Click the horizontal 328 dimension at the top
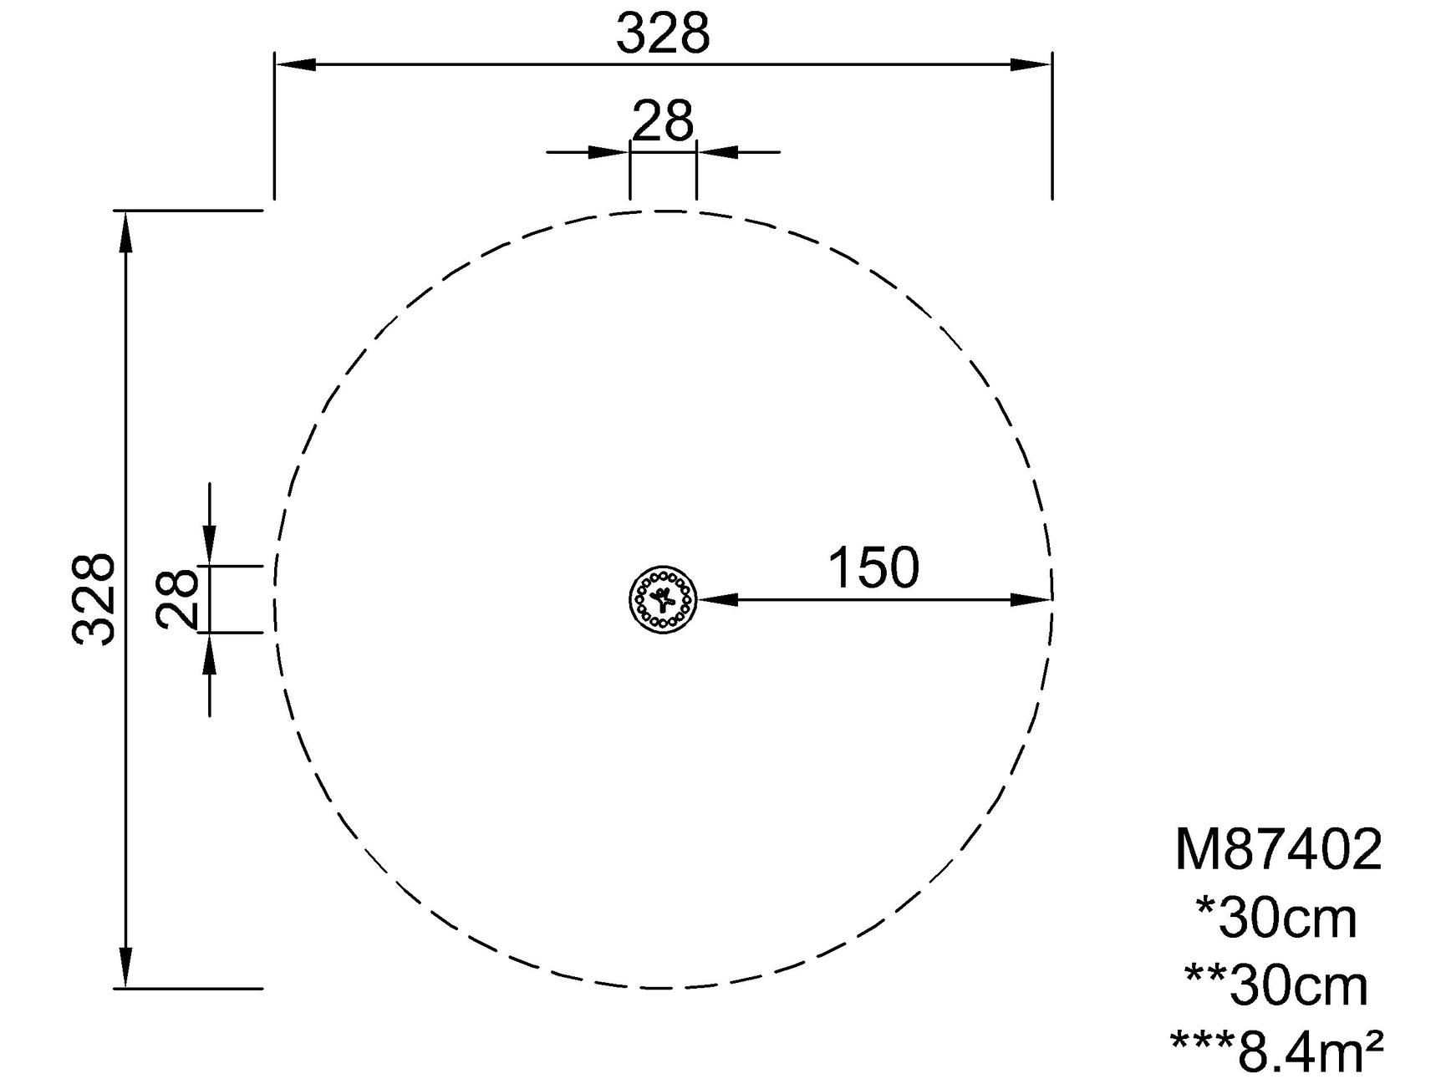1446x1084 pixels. pyautogui.click(x=663, y=35)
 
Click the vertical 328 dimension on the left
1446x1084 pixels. pyautogui.click(x=93, y=598)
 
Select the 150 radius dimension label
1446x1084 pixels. pyautogui.click(x=873, y=568)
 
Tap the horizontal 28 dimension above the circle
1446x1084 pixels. pyautogui.click(x=663, y=121)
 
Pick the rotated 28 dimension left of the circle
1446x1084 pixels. pyautogui.click(x=177, y=598)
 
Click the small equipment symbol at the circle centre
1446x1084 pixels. pyautogui.click(x=663, y=598)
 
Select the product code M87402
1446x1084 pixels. pyautogui.click(x=1278, y=851)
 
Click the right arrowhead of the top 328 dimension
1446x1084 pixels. pyautogui.click(x=1031, y=64)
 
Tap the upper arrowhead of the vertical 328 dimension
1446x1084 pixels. pyautogui.click(x=126, y=232)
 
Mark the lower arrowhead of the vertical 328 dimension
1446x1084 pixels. pyautogui.click(x=126, y=967)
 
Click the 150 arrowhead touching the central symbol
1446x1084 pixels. pyautogui.click(x=718, y=599)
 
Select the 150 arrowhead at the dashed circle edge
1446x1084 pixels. pyautogui.click(x=1031, y=599)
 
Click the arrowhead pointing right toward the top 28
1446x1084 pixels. pyautogui.click(x=608, y=152)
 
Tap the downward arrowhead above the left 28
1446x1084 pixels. pyautogui.click(x=209, y=545)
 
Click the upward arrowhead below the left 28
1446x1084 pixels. pyautogui.click(x=209, y=654)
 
